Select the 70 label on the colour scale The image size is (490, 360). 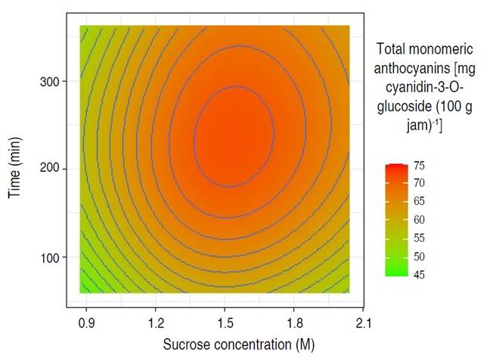click(419, 183)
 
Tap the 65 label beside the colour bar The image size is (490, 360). click(419, 201)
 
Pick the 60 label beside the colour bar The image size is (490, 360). click(419, 219)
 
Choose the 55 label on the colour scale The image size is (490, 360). click(419, 237)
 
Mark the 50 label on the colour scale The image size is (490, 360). click(419, 256)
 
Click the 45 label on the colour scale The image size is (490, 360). click(419, 274)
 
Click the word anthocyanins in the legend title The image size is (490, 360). click(412, 68)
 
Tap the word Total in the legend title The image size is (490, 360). click(390, 50)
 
